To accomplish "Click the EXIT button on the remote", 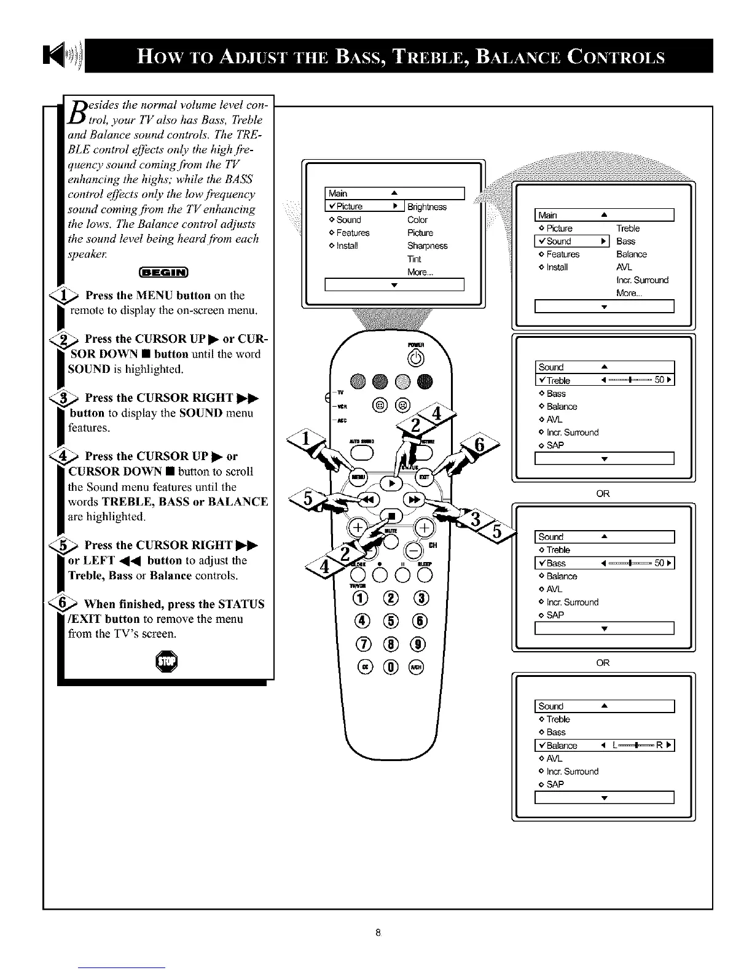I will tap(425, 476).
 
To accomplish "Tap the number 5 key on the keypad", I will tap(391, 621).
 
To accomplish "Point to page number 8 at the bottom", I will tap(378, 933).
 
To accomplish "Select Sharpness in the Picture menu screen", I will tap(427, 246).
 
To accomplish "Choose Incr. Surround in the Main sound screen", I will tap(642, 280).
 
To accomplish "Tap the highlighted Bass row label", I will tap(556, 563).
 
